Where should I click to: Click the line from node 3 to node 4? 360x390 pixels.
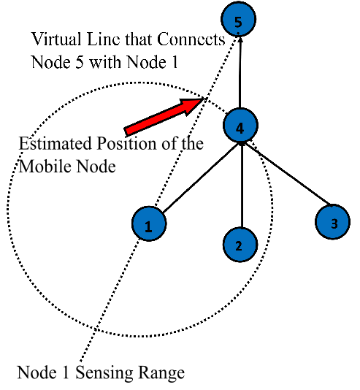point(289,175)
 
